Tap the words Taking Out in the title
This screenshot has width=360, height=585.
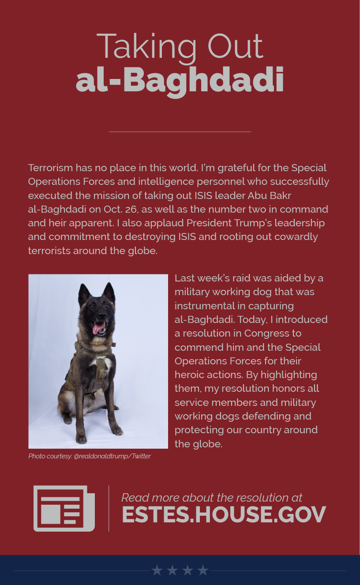click(x=180, y=46)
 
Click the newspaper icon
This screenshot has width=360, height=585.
click(x=64, y=508)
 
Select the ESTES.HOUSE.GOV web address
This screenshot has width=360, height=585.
click(x=224, y=514)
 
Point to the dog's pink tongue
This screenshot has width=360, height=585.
click(x=97, y=328)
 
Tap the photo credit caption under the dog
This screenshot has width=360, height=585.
click(x=90, y=456)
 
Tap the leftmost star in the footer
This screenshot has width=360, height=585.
click(x=157, y=570)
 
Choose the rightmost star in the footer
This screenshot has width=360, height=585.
click(x=202, y=570)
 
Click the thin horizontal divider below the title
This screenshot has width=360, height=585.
click(x=180, y=131)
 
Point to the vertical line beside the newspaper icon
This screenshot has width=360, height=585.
click(x=109, y=508)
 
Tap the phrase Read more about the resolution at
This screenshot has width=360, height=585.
click(x=212, y=498)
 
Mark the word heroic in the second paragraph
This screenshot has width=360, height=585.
click(x=189, y=375)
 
